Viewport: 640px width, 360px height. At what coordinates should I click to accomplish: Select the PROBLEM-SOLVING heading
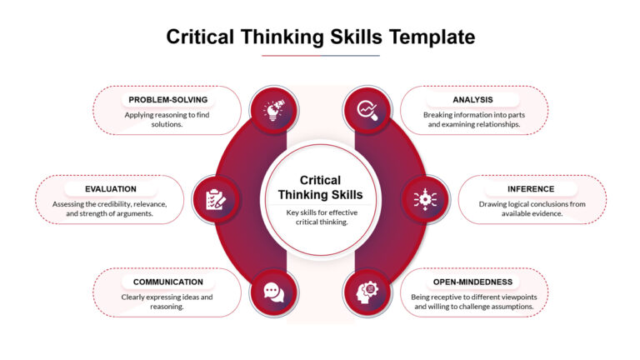[167, 100]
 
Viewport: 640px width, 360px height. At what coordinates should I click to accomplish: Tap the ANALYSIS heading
[472, 100]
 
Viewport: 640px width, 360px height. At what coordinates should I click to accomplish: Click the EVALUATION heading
[110, 189]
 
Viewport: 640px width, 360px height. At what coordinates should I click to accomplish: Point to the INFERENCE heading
[531, 189]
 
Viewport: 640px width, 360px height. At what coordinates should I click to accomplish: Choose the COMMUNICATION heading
[167, 282]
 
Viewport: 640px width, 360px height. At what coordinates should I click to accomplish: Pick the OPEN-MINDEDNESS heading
[472, 282]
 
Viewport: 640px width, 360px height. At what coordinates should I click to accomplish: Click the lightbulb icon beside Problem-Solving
[274, 109]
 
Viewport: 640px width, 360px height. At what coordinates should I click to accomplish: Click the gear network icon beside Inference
[425, 199]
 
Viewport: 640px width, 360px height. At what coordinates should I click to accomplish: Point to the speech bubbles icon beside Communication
[274, 292]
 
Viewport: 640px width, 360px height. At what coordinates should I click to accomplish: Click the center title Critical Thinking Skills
[320, 187]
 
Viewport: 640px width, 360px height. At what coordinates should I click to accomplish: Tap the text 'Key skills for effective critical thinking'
[320, 216]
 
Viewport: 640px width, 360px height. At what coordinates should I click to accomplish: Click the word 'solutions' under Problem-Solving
[167, 125]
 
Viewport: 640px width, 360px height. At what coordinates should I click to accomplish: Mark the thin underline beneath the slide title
[320, 56]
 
